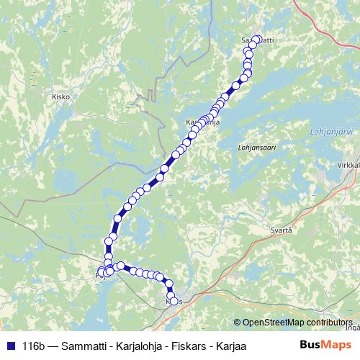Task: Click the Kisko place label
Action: [60, 95]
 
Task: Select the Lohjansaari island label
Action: [256, 147]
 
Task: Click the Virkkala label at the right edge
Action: [348, 165]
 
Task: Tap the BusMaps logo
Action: [323, 346]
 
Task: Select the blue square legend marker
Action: [9, 346]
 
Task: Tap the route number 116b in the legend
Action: [35, 346]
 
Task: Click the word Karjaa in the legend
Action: [230, 346]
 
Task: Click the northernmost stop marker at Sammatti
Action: [257, 40]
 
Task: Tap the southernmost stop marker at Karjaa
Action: [174, 301]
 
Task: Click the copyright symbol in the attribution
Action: [237, 323]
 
